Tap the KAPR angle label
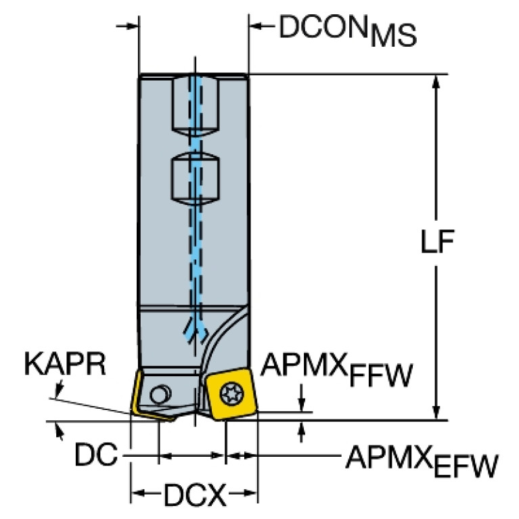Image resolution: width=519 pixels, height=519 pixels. tap(65, 365)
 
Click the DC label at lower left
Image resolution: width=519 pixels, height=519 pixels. tap(95, 457)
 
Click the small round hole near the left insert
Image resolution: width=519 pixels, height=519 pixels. tap(160, 392)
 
